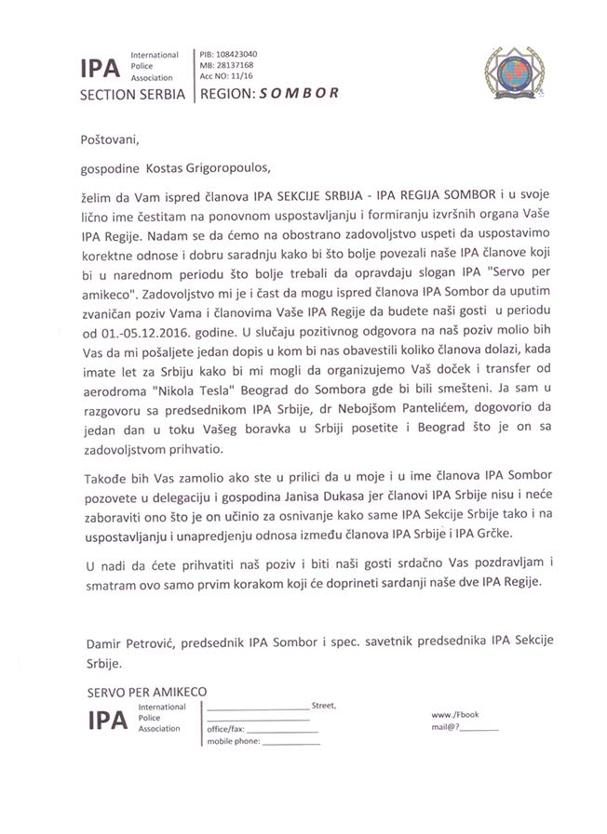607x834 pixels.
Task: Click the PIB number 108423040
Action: coord(241,54)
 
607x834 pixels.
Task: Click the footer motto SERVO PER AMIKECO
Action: coord(146,692)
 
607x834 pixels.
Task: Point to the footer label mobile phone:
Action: coord(234,742)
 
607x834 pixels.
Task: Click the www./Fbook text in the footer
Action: coord(454,715)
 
